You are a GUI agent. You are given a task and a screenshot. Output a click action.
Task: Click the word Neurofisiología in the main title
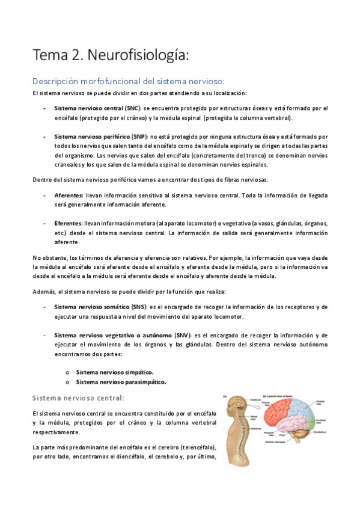(x=139, y=55)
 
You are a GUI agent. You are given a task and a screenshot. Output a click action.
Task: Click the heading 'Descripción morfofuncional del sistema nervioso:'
(x=129, y=81)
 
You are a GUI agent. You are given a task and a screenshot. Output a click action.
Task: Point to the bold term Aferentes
(x=69, y=195)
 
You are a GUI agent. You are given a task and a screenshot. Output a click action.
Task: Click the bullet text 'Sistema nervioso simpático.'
(x=115, y=372)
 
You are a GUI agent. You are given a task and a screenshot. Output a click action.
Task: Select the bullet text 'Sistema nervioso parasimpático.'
(x=121, y=382)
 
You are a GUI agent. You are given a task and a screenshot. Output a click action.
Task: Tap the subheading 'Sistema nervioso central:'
(x=79, y=398)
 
